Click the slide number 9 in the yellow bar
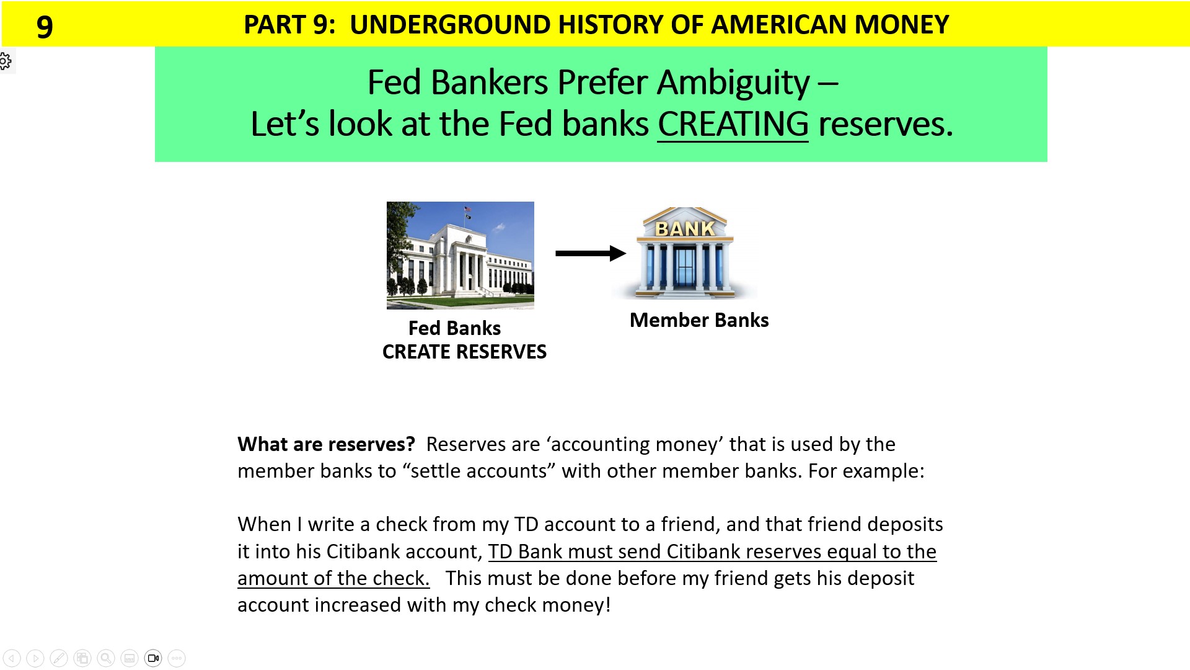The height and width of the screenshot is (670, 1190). click(45, 26)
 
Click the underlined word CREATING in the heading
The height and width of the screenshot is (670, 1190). click(733, 124)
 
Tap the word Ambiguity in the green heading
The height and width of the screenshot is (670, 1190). click(733, 83)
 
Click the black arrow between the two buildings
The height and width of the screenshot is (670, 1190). click(590, 253)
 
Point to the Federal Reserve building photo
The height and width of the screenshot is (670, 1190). click(460, 255)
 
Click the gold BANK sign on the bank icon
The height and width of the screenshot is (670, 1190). click(685, 229)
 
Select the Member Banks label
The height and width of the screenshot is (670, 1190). click(699, 320)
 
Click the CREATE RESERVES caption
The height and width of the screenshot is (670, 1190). click(464, 352)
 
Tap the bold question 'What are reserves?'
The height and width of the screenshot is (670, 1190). click(326, 444)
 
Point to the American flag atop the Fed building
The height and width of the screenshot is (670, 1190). click(468, 209)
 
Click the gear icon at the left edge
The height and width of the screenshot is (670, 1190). click(5, 61)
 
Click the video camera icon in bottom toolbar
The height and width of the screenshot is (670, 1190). click(153, 658)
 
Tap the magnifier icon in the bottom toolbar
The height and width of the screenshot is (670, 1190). click(106, 658)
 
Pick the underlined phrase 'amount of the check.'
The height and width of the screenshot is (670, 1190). click(333, 578)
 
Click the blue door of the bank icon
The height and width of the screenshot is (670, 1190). click(684, 267)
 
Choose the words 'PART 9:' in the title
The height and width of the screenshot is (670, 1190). click(289, 25)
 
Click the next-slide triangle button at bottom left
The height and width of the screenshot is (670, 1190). click(35, 658)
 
